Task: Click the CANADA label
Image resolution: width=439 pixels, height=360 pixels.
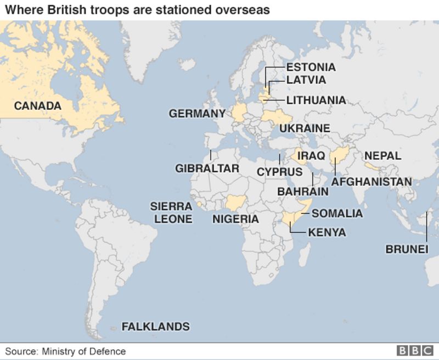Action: click(x=37, y=105)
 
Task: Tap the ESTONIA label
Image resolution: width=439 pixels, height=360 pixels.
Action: click(x=311, y=67)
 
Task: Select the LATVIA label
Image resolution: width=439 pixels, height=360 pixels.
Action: click(x=306, y=80)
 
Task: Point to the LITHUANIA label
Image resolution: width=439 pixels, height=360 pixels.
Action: click(x=316, y=100)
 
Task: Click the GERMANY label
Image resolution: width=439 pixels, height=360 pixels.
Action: click(x=197, y=114)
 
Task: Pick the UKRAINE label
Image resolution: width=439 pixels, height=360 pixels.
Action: click(x=305, y=128)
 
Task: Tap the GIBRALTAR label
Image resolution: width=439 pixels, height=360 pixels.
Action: click(x=207, y=168)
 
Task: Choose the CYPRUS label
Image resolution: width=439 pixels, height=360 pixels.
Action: click(x=279, y=171)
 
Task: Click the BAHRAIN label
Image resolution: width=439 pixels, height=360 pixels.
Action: click(x=303, y=192)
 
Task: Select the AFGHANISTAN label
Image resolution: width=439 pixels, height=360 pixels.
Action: click(x=372, y=181)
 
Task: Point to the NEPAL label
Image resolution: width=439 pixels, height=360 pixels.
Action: click(x=383, y=156)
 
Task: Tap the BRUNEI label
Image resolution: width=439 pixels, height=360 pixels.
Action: click(x=407, y=249)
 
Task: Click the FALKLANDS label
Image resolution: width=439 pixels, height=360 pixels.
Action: click(x=155, y=327)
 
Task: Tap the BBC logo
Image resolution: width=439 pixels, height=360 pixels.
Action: click(x=415, y=351)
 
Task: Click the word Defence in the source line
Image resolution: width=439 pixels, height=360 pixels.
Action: click(x=109, y=351)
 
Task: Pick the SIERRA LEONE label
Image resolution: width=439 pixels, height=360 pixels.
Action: click(x=171, y=213)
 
